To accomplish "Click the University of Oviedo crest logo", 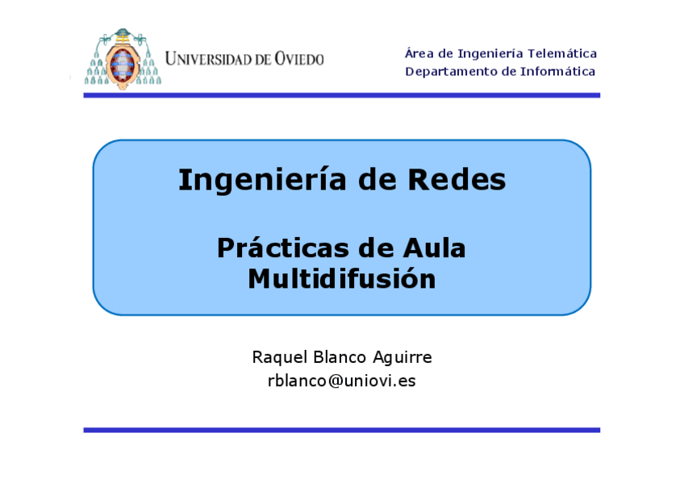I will [123, 58].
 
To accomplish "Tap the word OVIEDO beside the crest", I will [298, 59].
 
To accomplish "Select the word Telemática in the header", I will [562, 54].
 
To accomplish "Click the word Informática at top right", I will [556, 72].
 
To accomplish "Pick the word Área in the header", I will [418, 54].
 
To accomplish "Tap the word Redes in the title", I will [457, 180].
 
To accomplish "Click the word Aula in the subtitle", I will [434, 248].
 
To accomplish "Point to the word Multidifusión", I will [341, 279].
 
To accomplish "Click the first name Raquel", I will [277, 357].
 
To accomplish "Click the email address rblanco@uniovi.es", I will [341, 381].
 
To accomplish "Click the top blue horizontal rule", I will [341, 95].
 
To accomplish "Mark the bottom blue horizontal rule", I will [341, 430].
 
